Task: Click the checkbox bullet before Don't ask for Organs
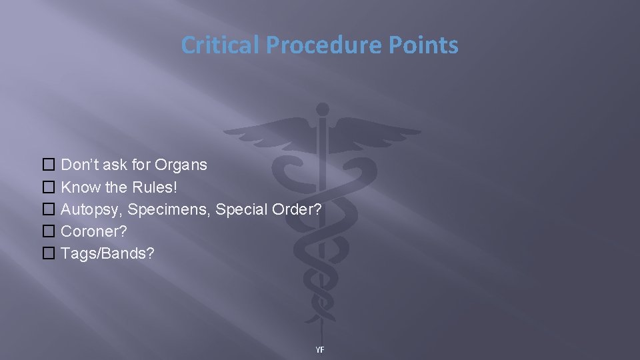tap(49, 165)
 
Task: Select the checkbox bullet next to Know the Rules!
tap(49, 187)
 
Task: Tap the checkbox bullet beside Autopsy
tap(49, 209)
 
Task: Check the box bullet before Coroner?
tap(49, 231)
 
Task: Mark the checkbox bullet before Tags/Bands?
tap(49, 253)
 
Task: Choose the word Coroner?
tap(94, 231)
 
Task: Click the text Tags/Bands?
tap(107, 253)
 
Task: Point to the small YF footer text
tap(320, 349)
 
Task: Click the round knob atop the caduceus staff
tap(323, 109)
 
